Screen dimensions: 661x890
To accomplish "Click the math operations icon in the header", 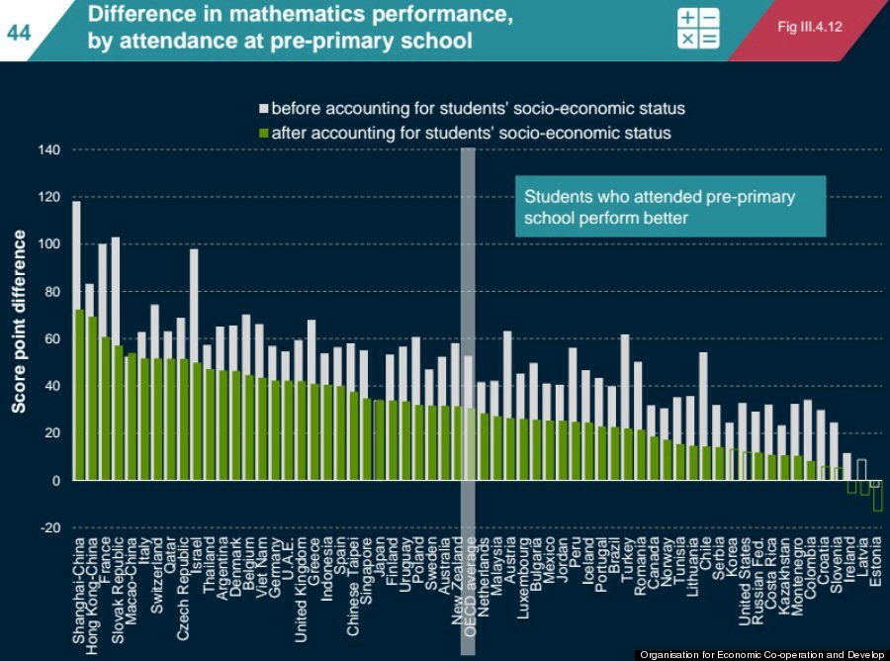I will click(x=698, y=30).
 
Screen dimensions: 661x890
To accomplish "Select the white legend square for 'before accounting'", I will click(x=264, y=108).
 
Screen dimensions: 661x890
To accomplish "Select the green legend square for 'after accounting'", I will click(x=264, y=133).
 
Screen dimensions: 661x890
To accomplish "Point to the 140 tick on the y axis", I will click(x=49, y=150).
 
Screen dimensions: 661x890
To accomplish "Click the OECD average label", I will click(x=470, y=579).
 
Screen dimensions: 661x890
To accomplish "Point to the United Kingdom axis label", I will click(x=299, y=583).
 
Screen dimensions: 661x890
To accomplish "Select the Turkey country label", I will click(x=626, y=558).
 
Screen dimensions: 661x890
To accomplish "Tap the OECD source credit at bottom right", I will click(x=761, y=654).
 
